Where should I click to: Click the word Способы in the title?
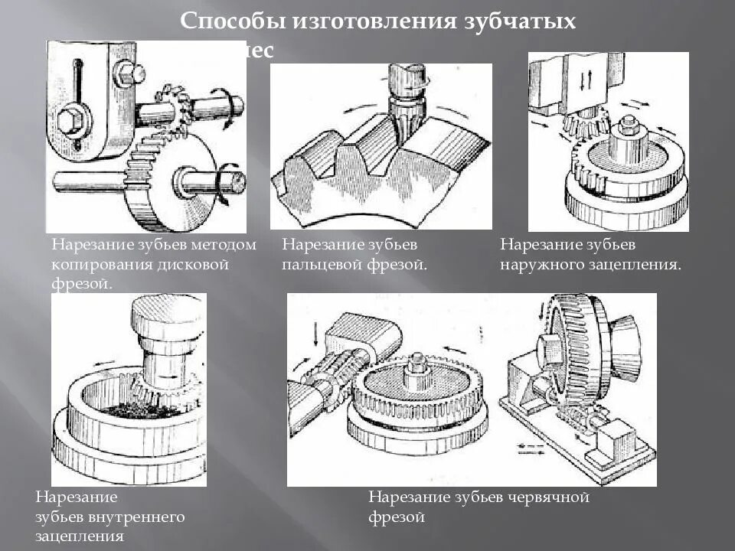[x=230, y=21]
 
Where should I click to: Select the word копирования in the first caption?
[x=97, y=264]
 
